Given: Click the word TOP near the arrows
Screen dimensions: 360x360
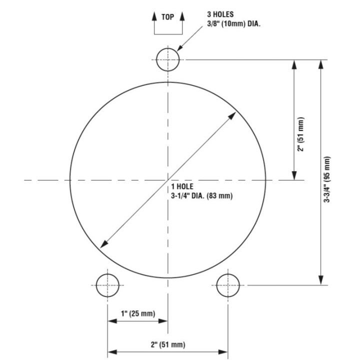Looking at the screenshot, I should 168,16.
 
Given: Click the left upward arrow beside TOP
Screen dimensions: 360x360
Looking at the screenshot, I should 154,16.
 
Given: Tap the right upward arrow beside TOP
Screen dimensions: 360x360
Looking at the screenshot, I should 182,16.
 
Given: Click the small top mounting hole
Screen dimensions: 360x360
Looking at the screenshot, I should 168,59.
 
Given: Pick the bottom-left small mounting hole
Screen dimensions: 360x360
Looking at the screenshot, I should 107,285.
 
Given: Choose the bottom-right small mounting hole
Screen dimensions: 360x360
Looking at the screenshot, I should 228,285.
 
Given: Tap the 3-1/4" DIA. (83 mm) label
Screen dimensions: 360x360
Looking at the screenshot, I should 201,196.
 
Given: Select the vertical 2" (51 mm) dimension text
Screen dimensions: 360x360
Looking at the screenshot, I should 300,134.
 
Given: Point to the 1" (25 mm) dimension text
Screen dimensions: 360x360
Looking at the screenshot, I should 137,313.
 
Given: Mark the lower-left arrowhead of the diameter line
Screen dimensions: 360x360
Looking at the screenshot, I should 103,244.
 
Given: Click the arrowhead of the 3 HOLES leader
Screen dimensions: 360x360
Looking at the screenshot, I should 178,49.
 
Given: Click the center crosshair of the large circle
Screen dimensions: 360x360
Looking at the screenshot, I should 167,179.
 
